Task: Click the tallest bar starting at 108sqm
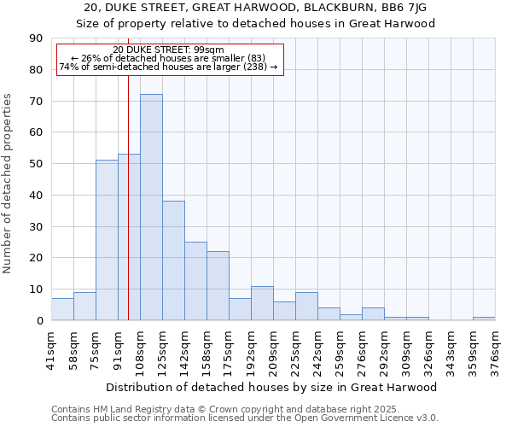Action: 151,208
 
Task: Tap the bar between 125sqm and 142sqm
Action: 173,260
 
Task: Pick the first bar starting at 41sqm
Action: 62,309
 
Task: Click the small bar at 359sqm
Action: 484,319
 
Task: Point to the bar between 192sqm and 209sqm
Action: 262,303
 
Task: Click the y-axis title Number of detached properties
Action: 9,184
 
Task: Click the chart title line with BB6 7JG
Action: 256,8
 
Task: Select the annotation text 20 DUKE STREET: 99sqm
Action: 168,50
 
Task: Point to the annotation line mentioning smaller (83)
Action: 168,58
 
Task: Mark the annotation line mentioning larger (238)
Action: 168,67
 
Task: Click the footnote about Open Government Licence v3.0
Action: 245,418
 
